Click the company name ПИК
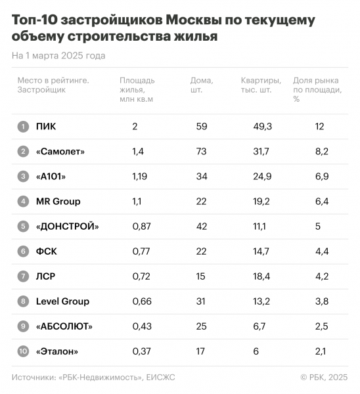pos(46,126)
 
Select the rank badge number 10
pos(23,351)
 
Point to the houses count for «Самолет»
pos(202,152)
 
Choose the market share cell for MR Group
pos(321,202)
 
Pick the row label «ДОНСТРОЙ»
pos(68,227)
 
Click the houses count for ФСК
pos(202,252)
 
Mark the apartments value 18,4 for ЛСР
pos(261,276)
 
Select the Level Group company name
pos(62,301)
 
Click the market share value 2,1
pos(321,351)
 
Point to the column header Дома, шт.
pos(202,85)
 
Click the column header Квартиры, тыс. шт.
pos(261,85)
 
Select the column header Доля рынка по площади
pos(317,90)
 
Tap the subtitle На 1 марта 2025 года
pos(58,56)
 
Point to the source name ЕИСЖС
pos(161,378)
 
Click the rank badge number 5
pos(23,227)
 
